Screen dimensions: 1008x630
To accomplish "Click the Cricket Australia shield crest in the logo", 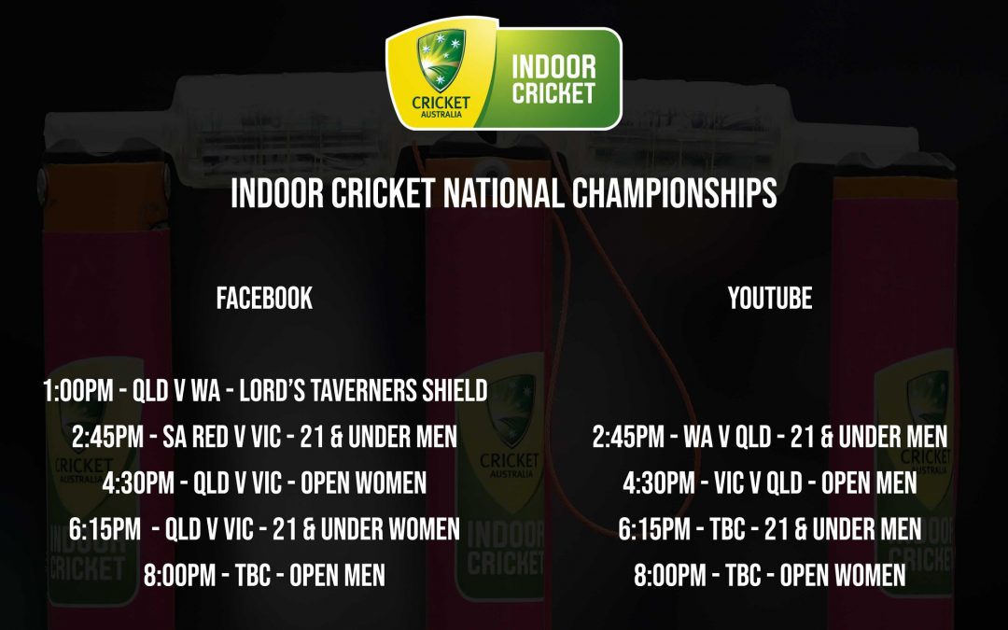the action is (x=441, y=60).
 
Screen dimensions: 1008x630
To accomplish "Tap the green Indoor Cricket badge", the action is (x=553, y=79).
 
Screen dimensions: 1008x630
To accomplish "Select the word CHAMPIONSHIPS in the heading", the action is (x=675, y=193).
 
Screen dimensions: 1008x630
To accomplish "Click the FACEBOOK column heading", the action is (x=264, y=299).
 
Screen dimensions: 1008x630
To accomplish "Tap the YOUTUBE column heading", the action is (x=769, y=299).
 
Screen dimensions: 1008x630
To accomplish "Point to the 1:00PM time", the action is (x=78, y=391).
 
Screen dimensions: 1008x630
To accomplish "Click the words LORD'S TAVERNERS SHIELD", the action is (x=363, y=391).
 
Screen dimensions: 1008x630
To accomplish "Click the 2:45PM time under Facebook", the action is (x=107, y=437).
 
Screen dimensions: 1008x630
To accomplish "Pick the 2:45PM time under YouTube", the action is (x=628, y=437).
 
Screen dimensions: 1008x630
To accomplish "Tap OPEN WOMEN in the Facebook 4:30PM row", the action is (x=363, y=483).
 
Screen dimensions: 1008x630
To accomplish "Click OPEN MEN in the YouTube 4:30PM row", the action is (x=869, y=483).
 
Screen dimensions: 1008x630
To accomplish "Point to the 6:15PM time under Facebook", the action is (x=105, y=530).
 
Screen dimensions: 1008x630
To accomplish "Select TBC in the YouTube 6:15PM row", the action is (x=727, y=530).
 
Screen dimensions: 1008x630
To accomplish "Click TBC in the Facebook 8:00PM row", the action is (x=253, y=576).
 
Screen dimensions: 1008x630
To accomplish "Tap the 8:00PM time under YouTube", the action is (x=670, y=576).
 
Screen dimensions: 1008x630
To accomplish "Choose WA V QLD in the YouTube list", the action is (x=727, y=437).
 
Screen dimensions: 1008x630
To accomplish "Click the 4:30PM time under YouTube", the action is (x=659, y=483).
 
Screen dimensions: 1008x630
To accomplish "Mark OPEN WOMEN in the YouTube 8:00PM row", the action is (x=843, y=576).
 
